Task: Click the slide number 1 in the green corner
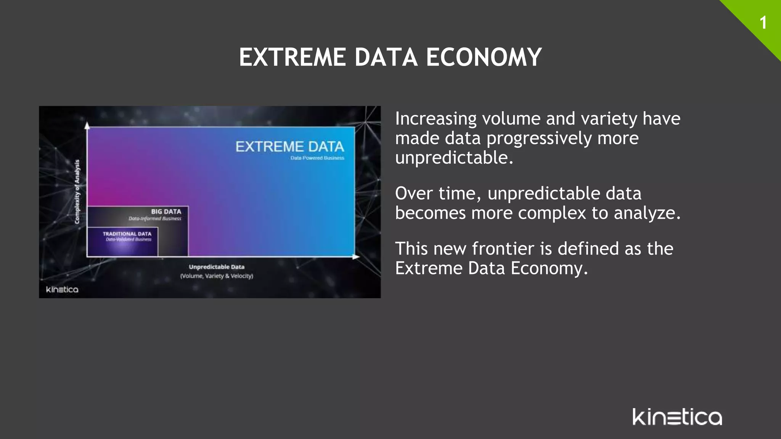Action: pos(763,23)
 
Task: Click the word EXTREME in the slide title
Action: pos(292,58)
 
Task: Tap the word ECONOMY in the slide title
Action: pos(484,58)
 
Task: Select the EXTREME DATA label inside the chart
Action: pos(289,147)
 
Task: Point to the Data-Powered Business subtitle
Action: pos(317,158)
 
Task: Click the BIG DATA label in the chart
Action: pos(166,211)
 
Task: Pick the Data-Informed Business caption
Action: pos(155,219)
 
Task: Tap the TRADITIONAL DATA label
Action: pos(127,234)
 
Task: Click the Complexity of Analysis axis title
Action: pos(77,192)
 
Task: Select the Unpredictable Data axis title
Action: pos(217,267)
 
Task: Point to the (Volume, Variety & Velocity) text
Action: pos(217,276)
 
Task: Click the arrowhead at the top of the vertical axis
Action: pos(87,125)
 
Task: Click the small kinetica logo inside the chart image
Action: pos(62,290)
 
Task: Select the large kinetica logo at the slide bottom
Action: pos(677,417)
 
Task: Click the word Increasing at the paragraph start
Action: pos(435,119)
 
